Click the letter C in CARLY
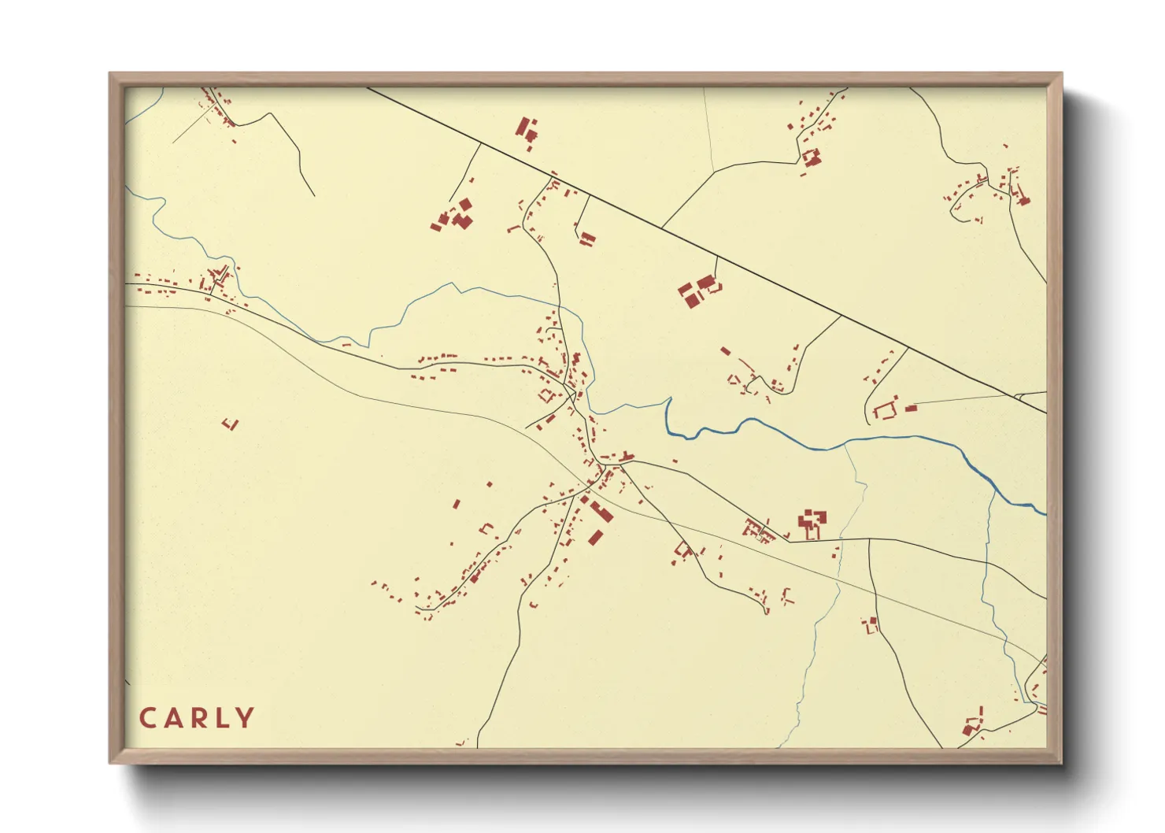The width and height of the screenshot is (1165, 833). (x=148, y=718)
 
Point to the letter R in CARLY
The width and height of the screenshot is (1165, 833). (x=198, y=718)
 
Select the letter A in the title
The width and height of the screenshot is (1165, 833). (x=172, y=718)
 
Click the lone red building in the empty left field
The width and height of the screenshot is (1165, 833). (x=231, y=424)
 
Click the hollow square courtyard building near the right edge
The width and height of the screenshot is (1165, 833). (x=885, y=410)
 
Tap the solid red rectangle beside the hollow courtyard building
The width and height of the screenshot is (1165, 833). (x=911, y=408)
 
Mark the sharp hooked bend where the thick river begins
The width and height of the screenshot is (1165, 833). (x=668, y=402)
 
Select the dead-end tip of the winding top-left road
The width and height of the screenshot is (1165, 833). (x=314, y=195)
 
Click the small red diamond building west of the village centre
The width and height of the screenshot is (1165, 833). (x=546, y=394)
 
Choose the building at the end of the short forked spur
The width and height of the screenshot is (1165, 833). (x=586, y=238)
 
